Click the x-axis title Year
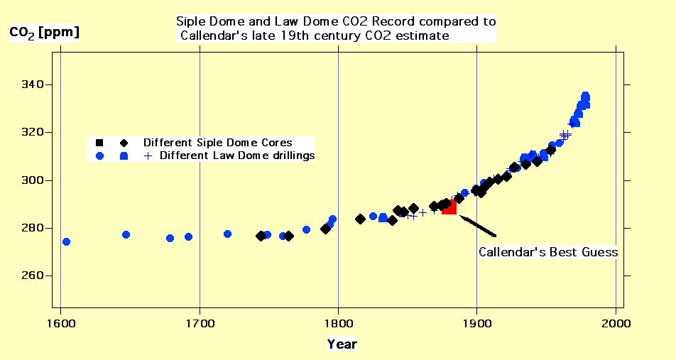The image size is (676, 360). [x=342, y=344]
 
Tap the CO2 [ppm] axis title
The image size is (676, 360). [x=43, y=33]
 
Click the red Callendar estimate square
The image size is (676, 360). [x=449, y=207]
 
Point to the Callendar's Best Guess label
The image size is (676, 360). [x=547, y=252]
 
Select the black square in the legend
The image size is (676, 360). [x=99, y=142]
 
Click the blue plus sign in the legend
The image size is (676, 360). [x=148, y=156]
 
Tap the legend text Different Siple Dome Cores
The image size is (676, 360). [x=217, y=142]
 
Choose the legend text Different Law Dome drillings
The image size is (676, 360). [x=237, y=155]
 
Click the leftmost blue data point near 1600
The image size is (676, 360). [x=66, y=241]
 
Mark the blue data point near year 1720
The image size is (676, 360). [x=227, y=234]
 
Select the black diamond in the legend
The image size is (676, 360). [x=124, y=142]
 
